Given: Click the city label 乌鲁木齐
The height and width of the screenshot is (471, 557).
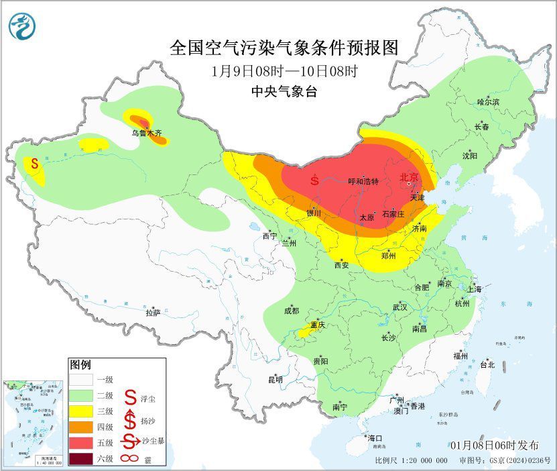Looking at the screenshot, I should (x=146, y=134).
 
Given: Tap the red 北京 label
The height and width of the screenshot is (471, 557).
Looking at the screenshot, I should (x=409, y=177).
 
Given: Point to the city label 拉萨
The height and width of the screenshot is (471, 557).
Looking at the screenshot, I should (x=153, y=313).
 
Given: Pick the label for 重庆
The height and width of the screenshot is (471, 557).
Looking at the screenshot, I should (x=317, y=325).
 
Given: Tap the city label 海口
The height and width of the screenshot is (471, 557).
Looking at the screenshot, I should (x=375, y=438).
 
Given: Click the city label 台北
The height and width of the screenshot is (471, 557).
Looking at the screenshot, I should (x=487, y=365).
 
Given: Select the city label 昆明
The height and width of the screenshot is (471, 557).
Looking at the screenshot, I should (x=275, y=379).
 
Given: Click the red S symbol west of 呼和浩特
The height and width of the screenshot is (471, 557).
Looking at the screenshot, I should (x=314, y=180).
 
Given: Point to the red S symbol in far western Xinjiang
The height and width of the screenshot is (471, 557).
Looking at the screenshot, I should (x=33, y=163).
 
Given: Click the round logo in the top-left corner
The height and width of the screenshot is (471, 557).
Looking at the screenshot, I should (x=22, y=26).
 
